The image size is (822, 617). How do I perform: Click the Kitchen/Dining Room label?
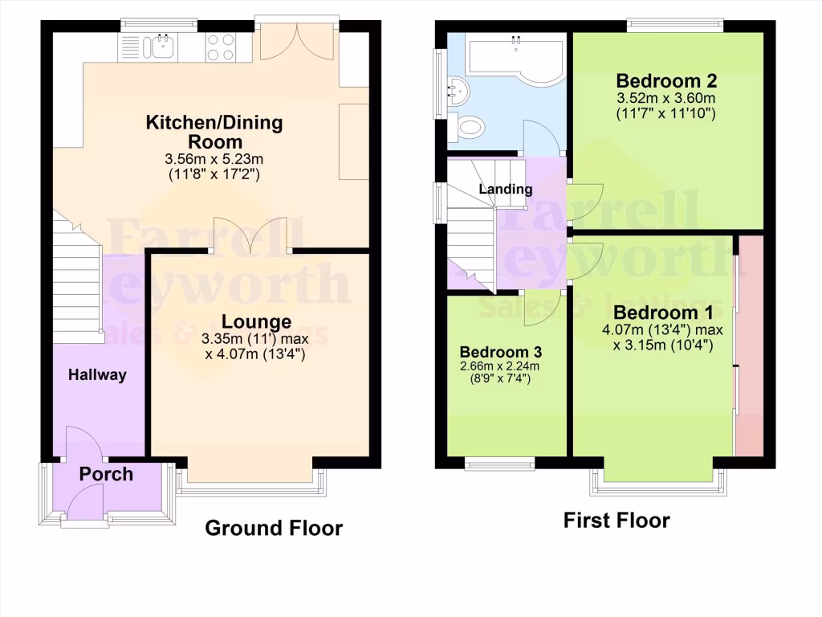click(214, 132)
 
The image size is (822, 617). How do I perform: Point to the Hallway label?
click(97, 374)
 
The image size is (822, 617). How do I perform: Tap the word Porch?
click(106, 474)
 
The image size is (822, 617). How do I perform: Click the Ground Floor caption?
click(274, 528)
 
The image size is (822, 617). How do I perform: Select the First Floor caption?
click(616, 521)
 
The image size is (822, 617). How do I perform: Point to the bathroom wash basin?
click(458, 88)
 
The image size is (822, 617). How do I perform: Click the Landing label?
click(506, 190)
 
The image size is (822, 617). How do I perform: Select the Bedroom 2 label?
click(666, 81)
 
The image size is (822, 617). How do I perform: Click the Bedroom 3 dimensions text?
click(500, 373)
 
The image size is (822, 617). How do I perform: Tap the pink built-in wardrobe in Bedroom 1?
click(750, 345)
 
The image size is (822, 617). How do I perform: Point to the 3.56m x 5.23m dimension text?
click(214, 159)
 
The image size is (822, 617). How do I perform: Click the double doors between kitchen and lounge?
click(250, 236)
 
